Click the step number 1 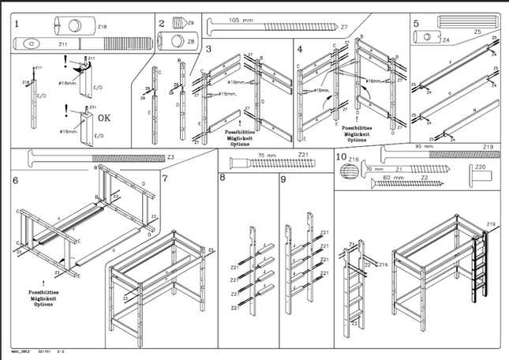[x=17, y=24]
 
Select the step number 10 [x=341, y=157]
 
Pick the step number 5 [x=416, y=24]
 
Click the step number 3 [x=208, y=50]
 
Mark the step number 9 [x=283, y=179]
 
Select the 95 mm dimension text [x=425, y=147]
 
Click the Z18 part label [x=103, y=27]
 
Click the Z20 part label [x=478, y=167]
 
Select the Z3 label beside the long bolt [x=170, y=157]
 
